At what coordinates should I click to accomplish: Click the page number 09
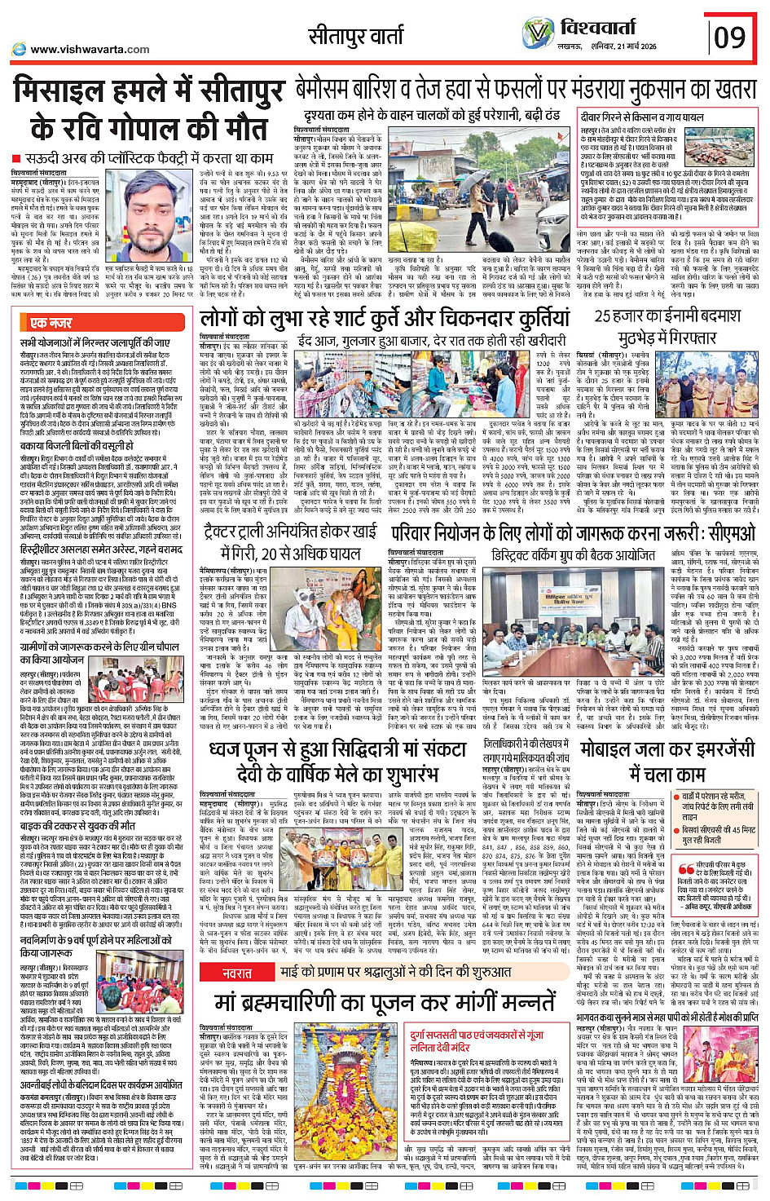(729, 38)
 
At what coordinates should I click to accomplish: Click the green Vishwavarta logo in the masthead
(539, 33)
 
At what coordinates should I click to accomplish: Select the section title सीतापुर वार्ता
(356, 36)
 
